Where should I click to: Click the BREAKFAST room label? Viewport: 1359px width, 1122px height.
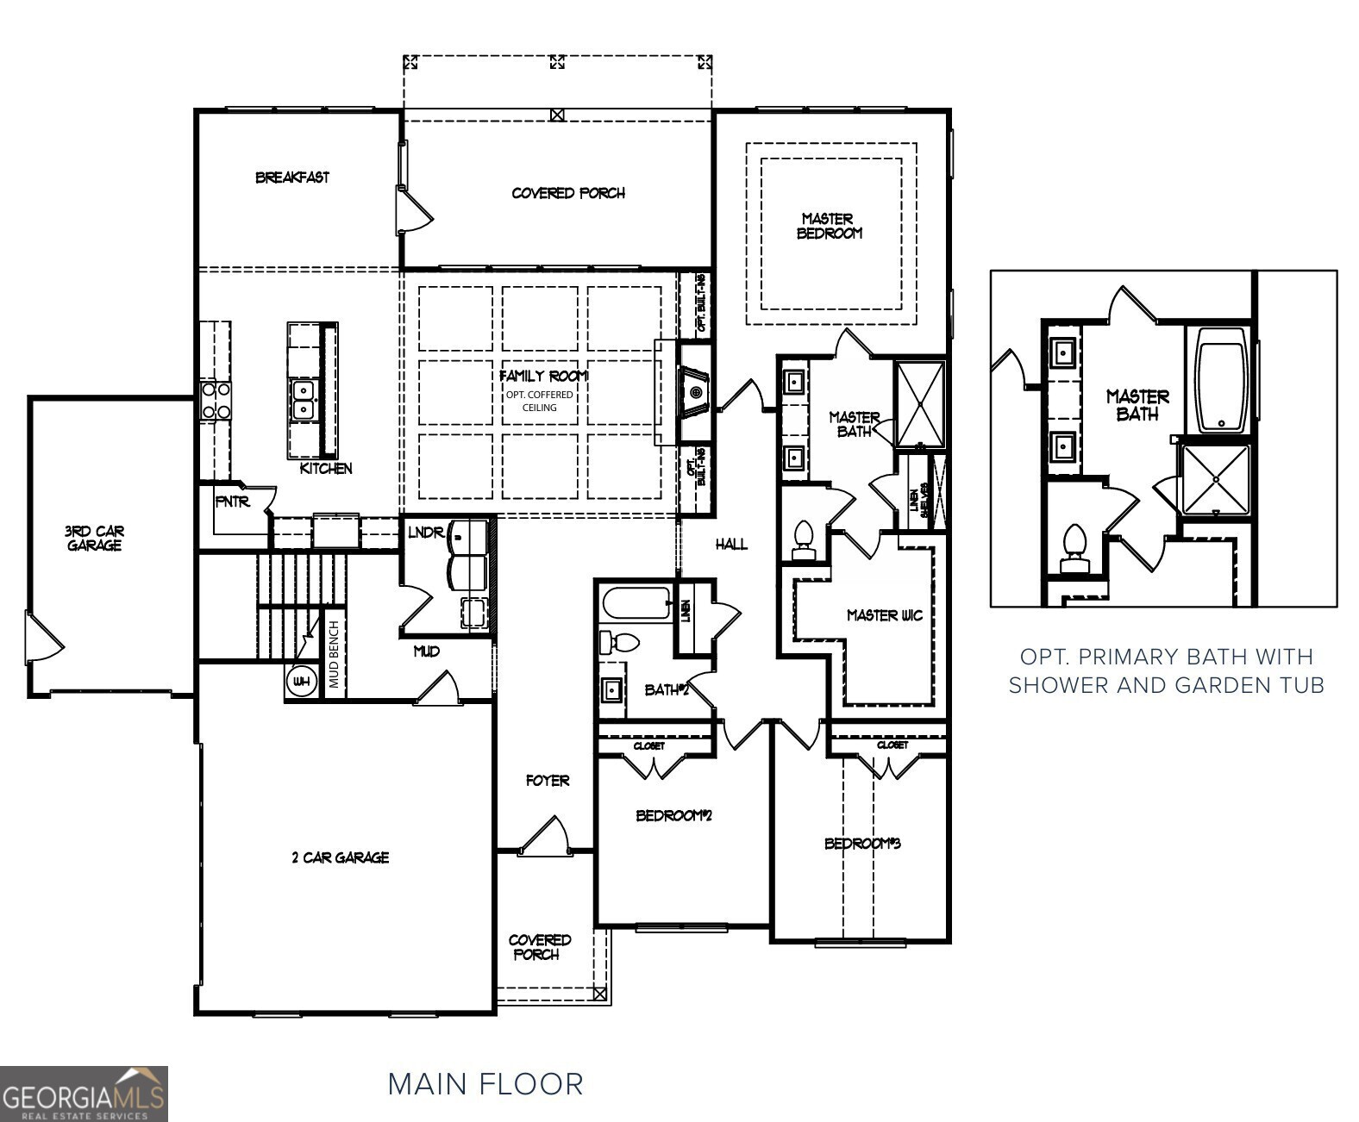[x=291, y=178]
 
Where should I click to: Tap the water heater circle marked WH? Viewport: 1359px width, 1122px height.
[x=300, y=683]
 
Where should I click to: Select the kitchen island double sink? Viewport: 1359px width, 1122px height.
[x=303, y=402]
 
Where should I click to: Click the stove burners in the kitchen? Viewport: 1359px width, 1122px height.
[x=216, y=401]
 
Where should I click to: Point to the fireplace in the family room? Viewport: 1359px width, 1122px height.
[x=694, y=394]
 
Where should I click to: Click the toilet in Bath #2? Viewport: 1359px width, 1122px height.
[x=620, y=642]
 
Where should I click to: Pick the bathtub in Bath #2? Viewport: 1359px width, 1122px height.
[x=636, y=602]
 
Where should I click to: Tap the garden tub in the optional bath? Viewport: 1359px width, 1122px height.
[x=1221, y=380]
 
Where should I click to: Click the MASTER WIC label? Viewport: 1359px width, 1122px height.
[x=884, y=615]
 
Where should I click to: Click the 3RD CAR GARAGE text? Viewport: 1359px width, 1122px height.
[x=94, y=539]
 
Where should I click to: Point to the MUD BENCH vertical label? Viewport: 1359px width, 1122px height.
[x=335, y=655]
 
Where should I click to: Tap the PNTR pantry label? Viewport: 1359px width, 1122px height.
[x=232, y=502]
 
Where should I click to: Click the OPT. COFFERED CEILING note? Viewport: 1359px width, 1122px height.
[x=539, y=401]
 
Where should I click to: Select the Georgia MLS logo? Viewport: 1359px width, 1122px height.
[x=84, y=1094]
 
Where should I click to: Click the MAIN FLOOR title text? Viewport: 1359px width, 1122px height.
[x=485, y=1084]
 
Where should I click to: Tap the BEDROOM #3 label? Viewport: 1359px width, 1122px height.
[x=861, y=844]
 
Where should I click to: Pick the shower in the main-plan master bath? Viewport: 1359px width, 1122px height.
[x=919, y=403]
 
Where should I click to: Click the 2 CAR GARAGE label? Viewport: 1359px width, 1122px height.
[x=340, y=857]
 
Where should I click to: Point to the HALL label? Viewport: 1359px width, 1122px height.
[x=731, y=545]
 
